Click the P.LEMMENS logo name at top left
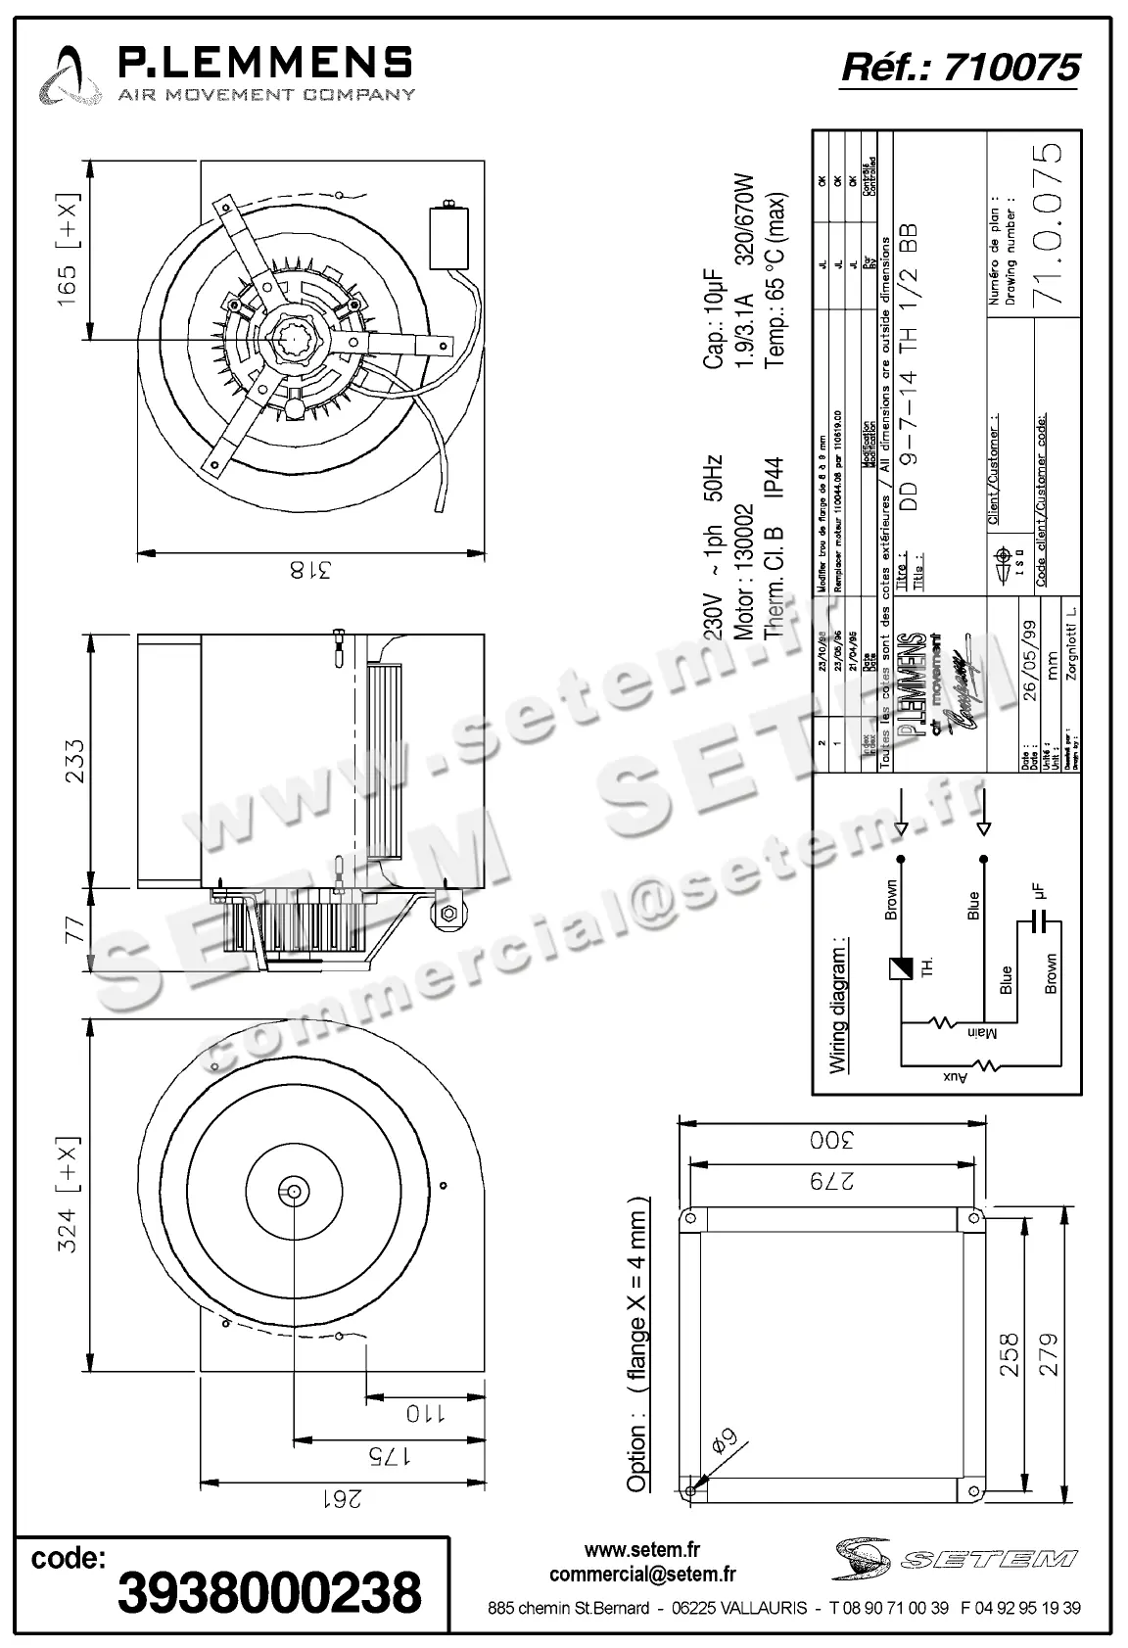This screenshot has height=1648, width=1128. point(264,64)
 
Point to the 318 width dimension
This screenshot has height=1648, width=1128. point(310,569)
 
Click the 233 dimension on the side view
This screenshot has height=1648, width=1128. point(73,761)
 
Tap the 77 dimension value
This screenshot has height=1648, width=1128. point(74,929)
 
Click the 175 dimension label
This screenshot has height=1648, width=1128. point(388,1455)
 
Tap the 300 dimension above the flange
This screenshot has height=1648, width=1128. point(831,1140)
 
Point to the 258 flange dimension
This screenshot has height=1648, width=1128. point(1010,1353)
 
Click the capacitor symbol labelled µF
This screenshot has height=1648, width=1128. point(1038,922)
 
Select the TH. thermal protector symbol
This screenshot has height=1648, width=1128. point(899,968)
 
